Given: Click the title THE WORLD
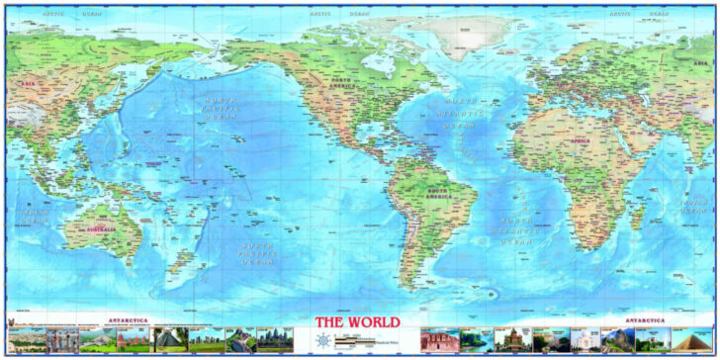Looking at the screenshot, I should (x=358, y=322).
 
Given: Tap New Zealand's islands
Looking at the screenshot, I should (x=179, y=259).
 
